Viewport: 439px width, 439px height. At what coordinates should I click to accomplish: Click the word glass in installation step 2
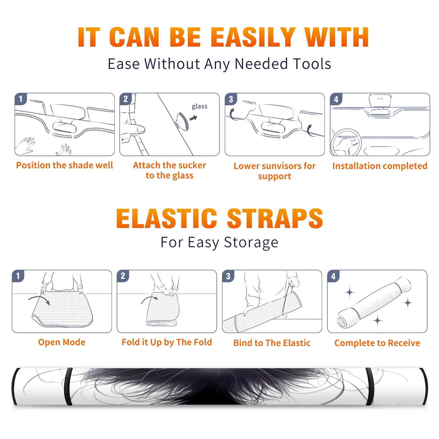coord(199,106)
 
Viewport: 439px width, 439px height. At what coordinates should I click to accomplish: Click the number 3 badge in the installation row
coord(231,99)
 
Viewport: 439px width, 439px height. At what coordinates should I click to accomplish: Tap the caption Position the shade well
coord(64,165)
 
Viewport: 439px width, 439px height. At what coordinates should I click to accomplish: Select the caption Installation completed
coord(380,166)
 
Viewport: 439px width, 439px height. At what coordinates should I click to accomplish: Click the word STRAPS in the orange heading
coord(275,218)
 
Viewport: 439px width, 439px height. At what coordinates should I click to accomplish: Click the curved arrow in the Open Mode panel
coord(39,299)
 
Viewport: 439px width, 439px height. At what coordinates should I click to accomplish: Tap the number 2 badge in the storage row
coord(123,276)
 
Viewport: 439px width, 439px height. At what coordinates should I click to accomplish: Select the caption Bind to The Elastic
coord(272,343)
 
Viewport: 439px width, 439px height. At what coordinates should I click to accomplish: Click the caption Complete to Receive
coord(377,343)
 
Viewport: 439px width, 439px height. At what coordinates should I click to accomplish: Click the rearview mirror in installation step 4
coord(380,101)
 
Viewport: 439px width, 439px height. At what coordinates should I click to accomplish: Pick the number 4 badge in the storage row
coord(333,276)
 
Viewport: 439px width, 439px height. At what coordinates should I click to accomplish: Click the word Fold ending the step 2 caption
coord(203,342)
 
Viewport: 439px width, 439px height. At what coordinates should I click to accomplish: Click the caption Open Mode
coord(62,342)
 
